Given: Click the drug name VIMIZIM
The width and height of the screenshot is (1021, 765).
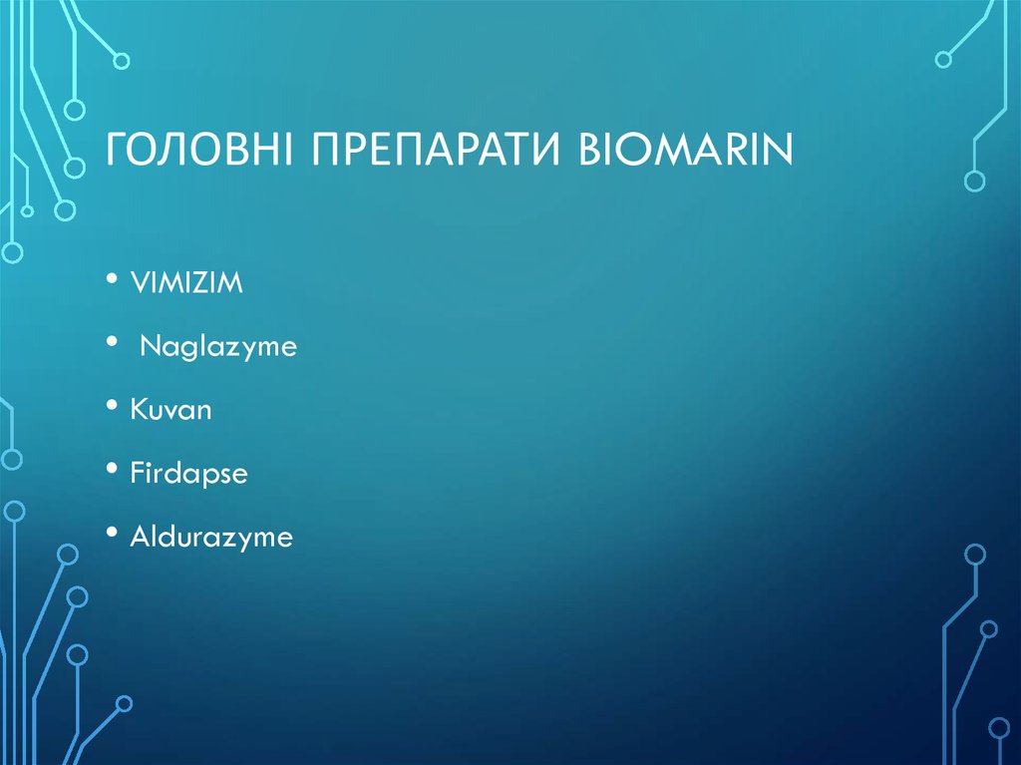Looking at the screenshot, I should [186, 284].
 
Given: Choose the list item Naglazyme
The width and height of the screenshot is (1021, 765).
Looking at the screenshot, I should [217, 348].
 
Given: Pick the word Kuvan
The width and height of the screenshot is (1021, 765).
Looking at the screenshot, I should [170, 410].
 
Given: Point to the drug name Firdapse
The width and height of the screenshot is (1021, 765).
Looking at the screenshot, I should [188, 474].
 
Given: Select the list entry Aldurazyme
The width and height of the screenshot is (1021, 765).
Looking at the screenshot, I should [211, 538].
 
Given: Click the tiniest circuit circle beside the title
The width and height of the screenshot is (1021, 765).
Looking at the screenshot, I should [27, 210].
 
